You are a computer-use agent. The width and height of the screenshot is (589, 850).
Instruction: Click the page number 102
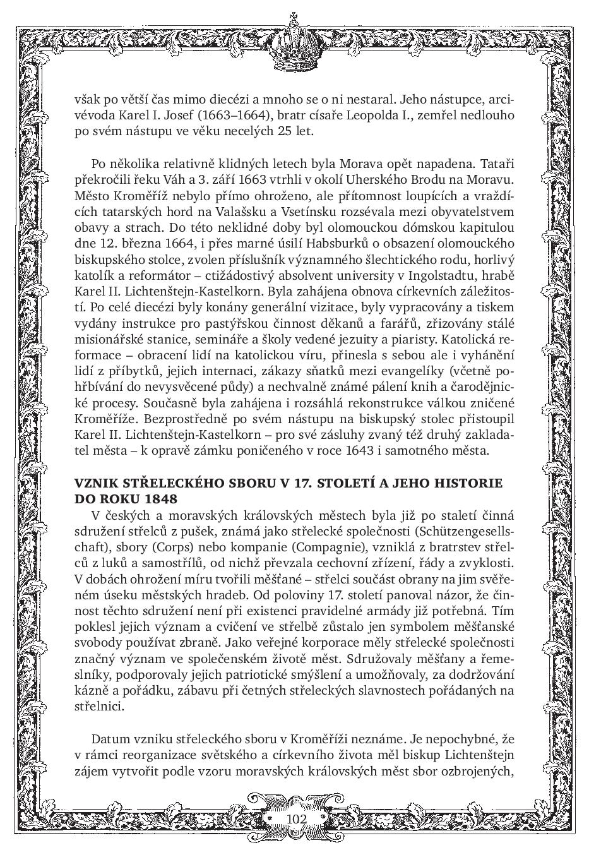[x=296, y=819]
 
